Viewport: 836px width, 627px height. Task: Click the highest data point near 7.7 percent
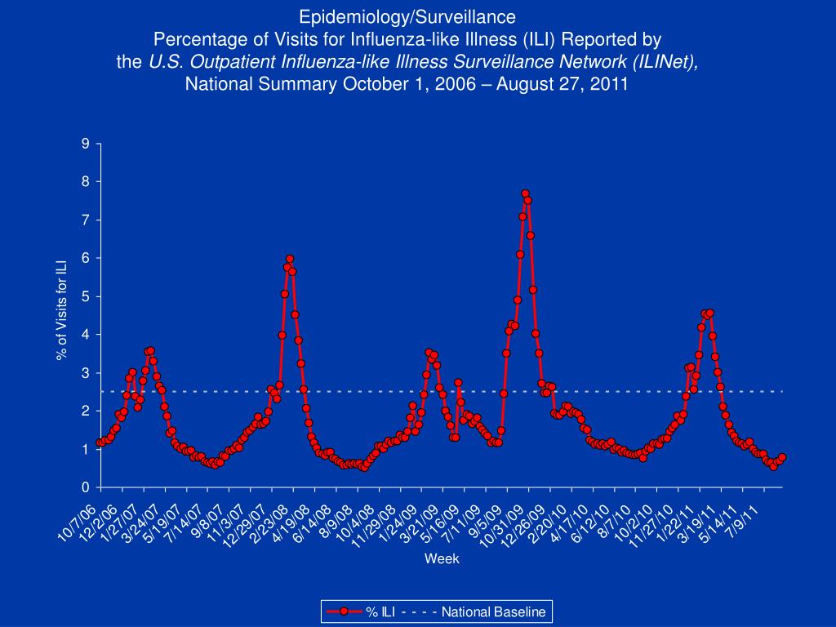(x=525, y=194)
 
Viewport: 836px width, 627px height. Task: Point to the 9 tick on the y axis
(x=86, y=144)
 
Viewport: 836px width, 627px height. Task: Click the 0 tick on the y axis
(x=86, y=487)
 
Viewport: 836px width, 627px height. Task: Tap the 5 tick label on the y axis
(x=86, y=296)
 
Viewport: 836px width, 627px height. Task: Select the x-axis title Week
(x=441, y=559)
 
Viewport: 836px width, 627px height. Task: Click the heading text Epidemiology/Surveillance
(x=407, y=16)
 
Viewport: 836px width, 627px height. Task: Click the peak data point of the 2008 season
(x=290, y=260)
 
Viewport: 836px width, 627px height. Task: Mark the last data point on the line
(x=782, y=457)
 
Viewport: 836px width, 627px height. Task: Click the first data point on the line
(x=100, y=442)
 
